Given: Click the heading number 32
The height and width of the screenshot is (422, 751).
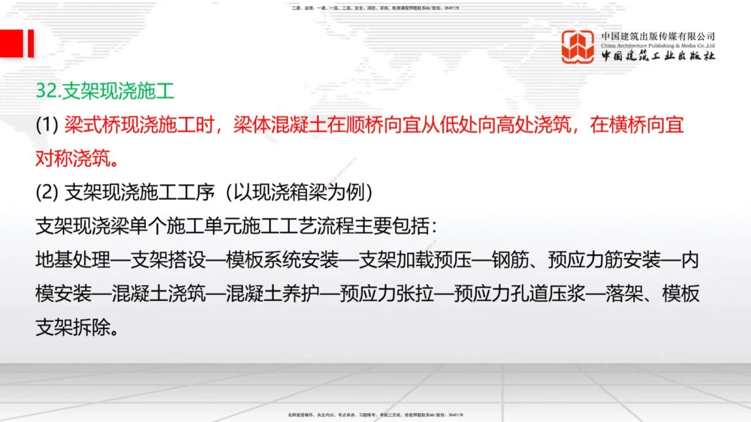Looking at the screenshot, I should [x=47, y=91].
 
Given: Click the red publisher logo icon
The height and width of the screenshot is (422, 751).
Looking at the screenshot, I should [x=578, y=47].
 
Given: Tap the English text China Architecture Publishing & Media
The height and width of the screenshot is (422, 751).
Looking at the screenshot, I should [x=658, y=46].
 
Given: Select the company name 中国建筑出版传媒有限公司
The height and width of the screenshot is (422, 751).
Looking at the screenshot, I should [x=658, y=36].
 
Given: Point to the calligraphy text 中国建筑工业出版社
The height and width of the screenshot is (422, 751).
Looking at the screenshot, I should [x=658, y=57].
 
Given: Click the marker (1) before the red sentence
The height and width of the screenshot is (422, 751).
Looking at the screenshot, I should [x=47, y=125].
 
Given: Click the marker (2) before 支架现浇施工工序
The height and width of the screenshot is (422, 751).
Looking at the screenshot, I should [x=47, y=193].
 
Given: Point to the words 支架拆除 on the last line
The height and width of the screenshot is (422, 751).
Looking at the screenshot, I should [x=74, y=327].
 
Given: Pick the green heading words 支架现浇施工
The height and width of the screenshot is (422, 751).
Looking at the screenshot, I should [x=118, y=91].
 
